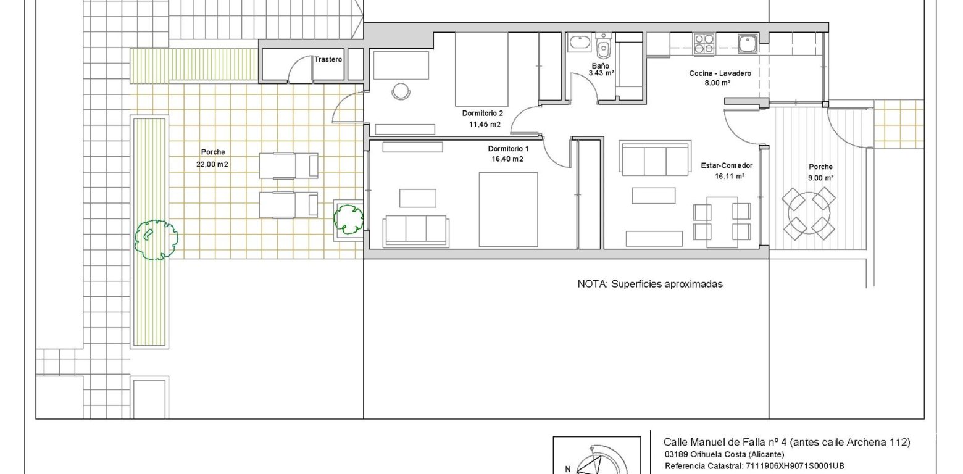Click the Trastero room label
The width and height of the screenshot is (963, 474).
click(x=328, y=60)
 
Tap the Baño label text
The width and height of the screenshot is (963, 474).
click(x=600, y=65)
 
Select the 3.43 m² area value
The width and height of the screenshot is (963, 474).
click(x=601, y=73)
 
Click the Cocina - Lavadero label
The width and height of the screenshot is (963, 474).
click(x=720, y=73)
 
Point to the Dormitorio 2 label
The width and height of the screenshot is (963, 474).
click(x=482, y=114)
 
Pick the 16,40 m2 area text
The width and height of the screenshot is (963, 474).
click(x=508, y=159)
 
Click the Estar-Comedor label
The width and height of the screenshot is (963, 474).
click(x=727, y=166)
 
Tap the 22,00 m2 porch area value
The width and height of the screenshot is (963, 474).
click(x=213, y=164)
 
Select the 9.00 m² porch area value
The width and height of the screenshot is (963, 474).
click(x=820, y=178)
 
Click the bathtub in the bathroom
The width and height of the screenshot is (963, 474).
click(x=580, y=44)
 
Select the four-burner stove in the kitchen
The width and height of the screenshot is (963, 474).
click(x=704, y=43)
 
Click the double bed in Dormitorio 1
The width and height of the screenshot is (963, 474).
click(x=508, y=210)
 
